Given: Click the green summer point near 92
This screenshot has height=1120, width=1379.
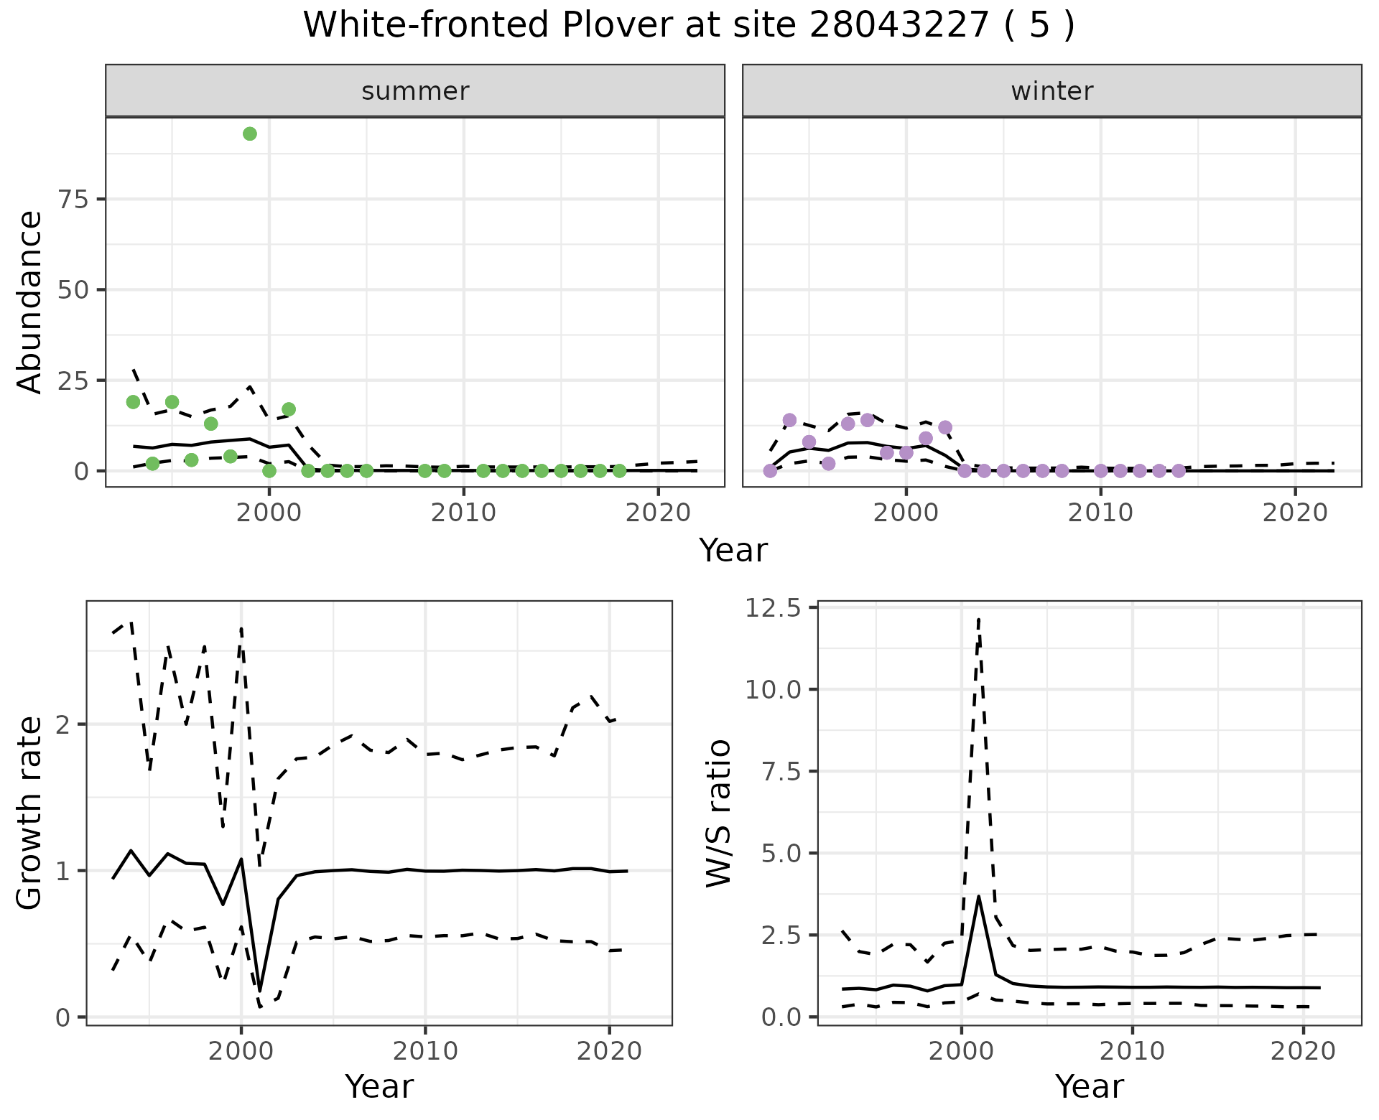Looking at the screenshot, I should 250,134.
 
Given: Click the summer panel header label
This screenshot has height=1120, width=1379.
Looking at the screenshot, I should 415,91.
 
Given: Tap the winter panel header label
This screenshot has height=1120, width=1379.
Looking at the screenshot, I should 1051,91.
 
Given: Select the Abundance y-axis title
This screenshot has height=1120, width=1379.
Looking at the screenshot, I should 30,302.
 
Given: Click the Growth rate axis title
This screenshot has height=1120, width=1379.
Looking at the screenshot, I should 30,814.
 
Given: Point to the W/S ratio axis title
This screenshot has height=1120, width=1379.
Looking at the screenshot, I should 718,814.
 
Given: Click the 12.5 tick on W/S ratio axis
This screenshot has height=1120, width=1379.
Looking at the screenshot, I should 772,608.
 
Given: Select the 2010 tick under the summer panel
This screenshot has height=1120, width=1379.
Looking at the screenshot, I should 463,513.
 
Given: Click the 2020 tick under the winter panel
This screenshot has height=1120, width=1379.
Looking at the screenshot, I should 1294,513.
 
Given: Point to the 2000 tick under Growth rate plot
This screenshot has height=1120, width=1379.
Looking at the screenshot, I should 241,1051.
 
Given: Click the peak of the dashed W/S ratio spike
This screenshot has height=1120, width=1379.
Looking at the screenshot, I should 978,619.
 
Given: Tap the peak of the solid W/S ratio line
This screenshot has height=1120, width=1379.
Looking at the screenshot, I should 978,896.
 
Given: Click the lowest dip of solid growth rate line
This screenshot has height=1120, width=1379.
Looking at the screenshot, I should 259,991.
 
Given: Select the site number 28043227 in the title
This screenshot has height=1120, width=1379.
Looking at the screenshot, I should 899,25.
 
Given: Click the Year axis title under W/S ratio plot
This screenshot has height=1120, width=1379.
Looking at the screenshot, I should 1089,1086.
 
